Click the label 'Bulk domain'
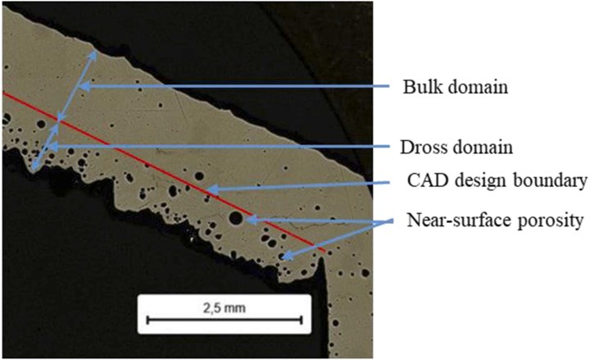pyautogui.click(x=456, y=87)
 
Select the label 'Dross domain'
pyautogui.click(x=456, y=148)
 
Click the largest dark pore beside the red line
pyautogui.click(x=235, y=218)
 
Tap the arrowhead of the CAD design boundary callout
pyautogui.click(x=210, y=189)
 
